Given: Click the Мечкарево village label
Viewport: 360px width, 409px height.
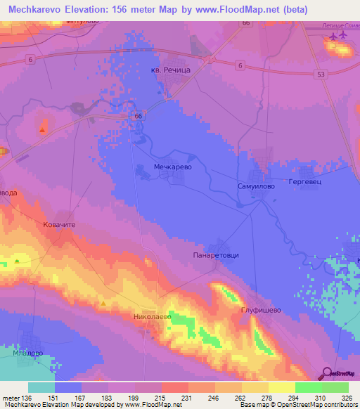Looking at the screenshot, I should click(x=173, y=167).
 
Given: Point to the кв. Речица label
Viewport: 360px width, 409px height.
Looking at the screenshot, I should click(x=170, y=70).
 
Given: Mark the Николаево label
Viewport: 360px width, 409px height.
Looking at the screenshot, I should click(x=153, y=318).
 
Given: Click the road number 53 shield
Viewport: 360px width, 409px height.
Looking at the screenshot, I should click(x=321, y=74).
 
